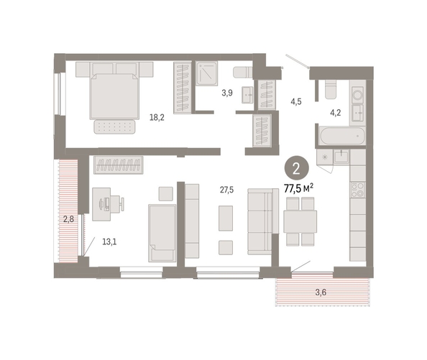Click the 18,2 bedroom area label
click(157, 118)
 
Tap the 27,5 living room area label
click(227, 190)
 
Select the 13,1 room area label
click(109, 241)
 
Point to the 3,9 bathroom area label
click(227, 93)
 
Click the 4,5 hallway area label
click(296, 102)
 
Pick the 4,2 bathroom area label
click(336, 113)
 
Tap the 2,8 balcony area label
click(68, 218)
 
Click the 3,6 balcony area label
click(321, 292)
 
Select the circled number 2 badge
click(297, 168)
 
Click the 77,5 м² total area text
click(298, 188)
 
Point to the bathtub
click(342, 136)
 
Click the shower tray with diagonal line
click(207, 73)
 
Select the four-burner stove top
click(358, 190)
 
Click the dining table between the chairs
click(300, 221)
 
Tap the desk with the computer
click(101, 204)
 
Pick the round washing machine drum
click(357, 95)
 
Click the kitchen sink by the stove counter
click(341, 157)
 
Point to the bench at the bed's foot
click(114, 126)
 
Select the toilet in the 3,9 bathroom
click(243, 72)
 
